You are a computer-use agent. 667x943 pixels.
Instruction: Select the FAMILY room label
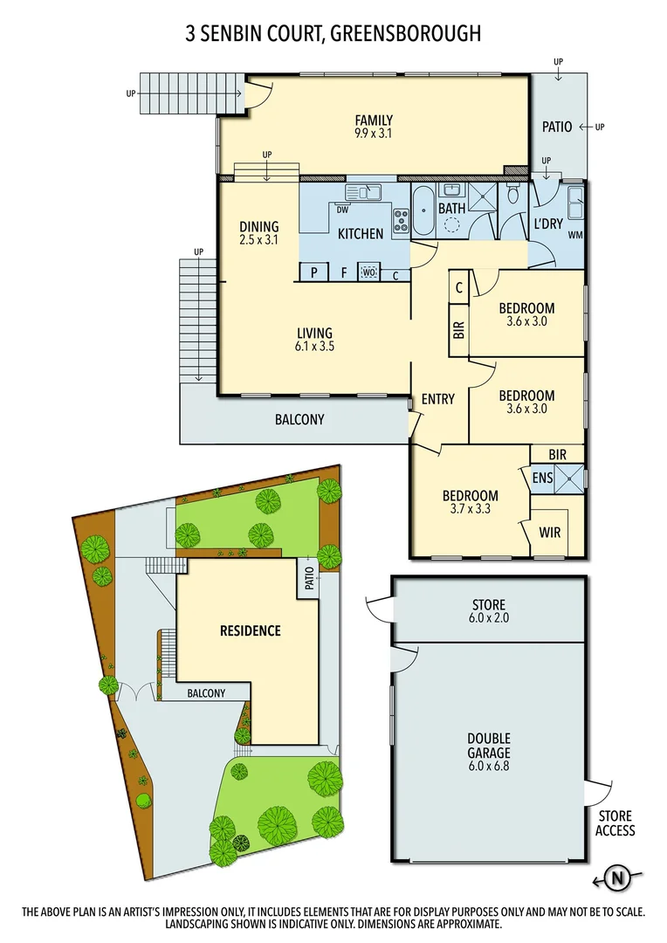tap(373, 120)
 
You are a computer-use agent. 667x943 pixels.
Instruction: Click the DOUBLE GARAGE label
tap(489, 746)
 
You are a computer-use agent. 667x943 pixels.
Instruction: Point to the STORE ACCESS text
tap(615, 823)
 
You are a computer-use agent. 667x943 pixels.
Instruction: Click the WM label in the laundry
tap(575, 235)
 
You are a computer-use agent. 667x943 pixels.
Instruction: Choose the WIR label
tap(550, 531)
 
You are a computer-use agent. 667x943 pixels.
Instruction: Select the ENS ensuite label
tap(541, 478)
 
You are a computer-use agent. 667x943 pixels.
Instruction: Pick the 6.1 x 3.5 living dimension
tap(314, 346)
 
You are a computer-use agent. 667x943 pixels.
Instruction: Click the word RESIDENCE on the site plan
tap(250, 630)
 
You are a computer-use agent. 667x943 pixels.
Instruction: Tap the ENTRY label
tap(437, 399)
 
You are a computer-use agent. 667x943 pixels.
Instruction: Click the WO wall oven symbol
tap(368, 272)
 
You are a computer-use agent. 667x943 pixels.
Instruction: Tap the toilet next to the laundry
tap(513, 197)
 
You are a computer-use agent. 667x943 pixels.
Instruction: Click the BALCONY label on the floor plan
tap(299, 419)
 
